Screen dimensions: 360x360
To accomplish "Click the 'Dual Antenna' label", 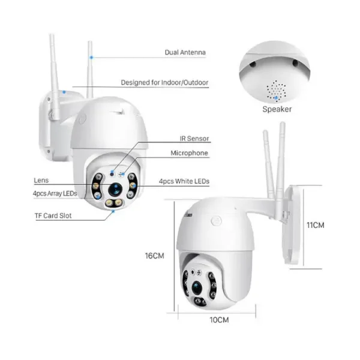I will click(x=185, y=53).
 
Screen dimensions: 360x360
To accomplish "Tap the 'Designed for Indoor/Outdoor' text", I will click(x=164, y=83).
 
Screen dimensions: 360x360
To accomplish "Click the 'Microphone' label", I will click(x=189, y=154).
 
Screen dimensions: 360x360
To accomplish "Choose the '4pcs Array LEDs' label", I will click(x=55, y=193).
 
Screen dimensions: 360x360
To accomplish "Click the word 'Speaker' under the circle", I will click(x=277, y=109).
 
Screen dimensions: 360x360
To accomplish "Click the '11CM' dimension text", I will click(x=316, y=226).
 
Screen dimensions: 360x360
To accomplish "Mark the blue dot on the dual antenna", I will click(x=91, y=57).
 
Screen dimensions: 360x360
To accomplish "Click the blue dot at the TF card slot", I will click(x=112, y=212).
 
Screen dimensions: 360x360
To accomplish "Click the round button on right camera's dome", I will click(x=214, y=221).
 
